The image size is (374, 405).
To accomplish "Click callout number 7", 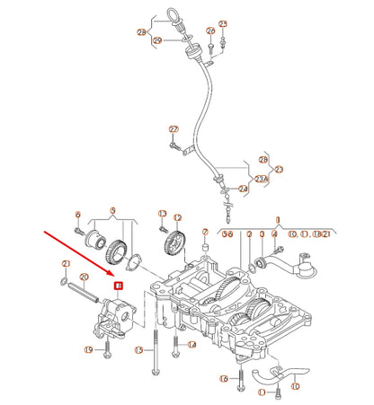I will coord(205,232).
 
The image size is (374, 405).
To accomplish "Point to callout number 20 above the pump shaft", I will coord(84,277).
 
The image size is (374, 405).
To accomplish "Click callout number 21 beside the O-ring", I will coord(66,263).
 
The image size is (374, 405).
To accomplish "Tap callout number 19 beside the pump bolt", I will coord(89,349).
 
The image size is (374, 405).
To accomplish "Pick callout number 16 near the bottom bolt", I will coord(224,379).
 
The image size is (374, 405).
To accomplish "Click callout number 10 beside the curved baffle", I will coord(295,387).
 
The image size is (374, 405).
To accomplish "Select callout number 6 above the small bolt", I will coord(78,215).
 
